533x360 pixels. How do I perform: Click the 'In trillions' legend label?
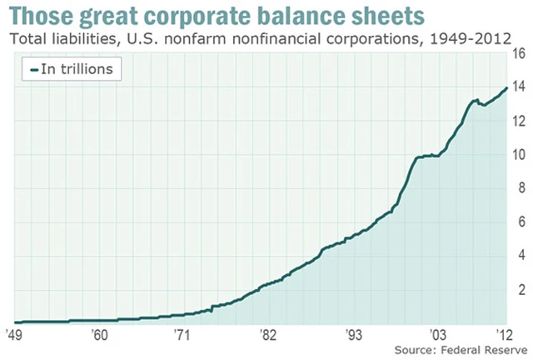(77, 69)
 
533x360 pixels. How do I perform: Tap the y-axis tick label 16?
(518, 54)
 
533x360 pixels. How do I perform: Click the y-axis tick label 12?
(518, 122)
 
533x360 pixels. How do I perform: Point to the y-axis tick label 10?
(518, 155)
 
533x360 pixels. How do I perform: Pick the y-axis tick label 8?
(518, 188)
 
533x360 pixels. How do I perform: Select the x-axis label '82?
(267, 333)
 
